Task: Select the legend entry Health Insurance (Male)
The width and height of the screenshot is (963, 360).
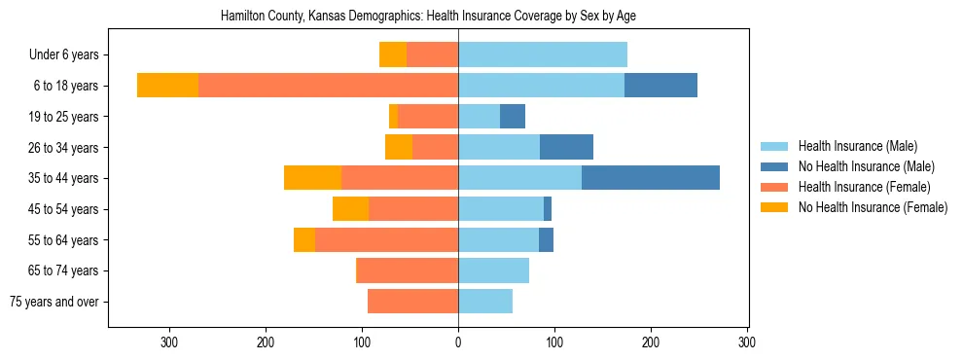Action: [857, 147]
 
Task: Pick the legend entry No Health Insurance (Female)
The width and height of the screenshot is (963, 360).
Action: [873, 207]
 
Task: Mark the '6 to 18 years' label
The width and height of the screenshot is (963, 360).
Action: [65, 86]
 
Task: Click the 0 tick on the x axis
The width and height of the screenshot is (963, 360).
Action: [458, 342]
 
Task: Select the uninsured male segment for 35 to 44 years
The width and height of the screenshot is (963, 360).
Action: [651, 178]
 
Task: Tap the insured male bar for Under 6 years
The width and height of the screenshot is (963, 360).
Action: [543, 55]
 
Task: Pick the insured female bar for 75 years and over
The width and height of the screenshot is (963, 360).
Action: [412, 302]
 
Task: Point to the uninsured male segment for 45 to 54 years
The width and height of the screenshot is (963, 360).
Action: [548, 209]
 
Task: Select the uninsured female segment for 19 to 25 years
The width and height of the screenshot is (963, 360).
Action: [393, 117]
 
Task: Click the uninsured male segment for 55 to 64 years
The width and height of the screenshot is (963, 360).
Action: [546, 239]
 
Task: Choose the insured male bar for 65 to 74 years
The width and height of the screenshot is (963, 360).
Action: [493, 270]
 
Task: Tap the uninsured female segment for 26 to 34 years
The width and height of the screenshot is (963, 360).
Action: [399, 147]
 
